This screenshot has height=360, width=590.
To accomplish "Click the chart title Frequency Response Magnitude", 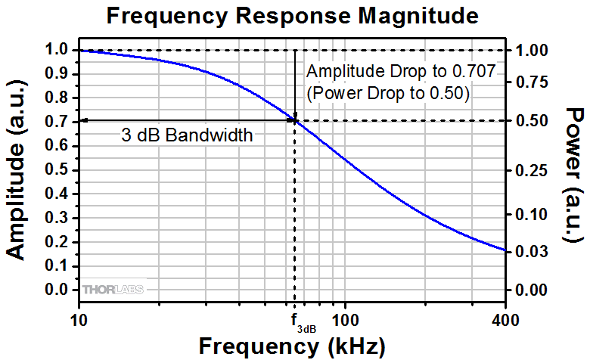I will tap(294, 15).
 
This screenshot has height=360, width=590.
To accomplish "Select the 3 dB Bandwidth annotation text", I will tap(187, 136).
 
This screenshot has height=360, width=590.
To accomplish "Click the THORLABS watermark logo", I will tap(113, 290).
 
